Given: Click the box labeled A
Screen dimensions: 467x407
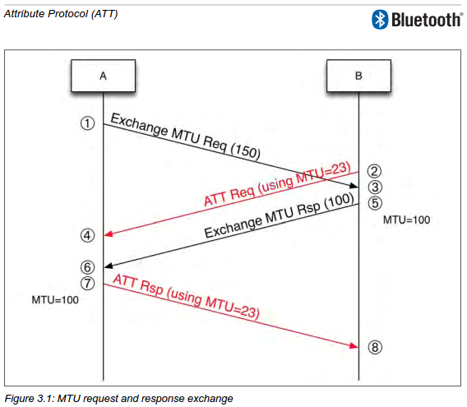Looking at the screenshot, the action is click(x=103, y=76).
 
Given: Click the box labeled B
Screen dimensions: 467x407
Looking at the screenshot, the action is click(x=358, y=76).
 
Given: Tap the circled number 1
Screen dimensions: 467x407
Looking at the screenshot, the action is click(x=87, y=123).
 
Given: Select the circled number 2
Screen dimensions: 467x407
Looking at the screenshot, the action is click(x=374, y=171).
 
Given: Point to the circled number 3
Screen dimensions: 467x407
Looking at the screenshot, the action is click(x=375, y=187).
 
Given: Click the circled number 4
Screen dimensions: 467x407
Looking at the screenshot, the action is click(x=87, y=235).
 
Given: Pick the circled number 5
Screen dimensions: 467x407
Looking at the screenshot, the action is click(x=375, y=203).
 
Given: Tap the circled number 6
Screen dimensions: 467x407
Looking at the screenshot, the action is click(x=87, y=267).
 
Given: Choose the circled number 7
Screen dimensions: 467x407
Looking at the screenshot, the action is click(x=87, y=283).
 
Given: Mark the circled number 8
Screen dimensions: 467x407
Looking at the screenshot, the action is click(x=375, y=347).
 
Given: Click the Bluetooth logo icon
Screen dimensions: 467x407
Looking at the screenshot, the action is click(x=380, y=20).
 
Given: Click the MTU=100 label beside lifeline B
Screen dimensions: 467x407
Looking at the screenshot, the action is click(x=406, y=220).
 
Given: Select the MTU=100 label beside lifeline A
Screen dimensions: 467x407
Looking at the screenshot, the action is click(x=55, y=300).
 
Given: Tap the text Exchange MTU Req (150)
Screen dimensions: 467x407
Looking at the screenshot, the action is click(x=185, y=136).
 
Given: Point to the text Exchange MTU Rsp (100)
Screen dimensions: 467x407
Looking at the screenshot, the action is click(x=280, y=215).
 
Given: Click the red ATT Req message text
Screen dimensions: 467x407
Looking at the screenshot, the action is click(x=277, y=184).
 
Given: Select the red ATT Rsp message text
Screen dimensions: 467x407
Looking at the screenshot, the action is click(x=186, y=297).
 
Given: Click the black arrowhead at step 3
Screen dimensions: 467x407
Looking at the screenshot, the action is click(x=354, y=186).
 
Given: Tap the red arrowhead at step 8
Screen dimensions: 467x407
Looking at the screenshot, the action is click(x=354, y=345).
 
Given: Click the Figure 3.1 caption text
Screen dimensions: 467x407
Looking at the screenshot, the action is click(x=118, y=398).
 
